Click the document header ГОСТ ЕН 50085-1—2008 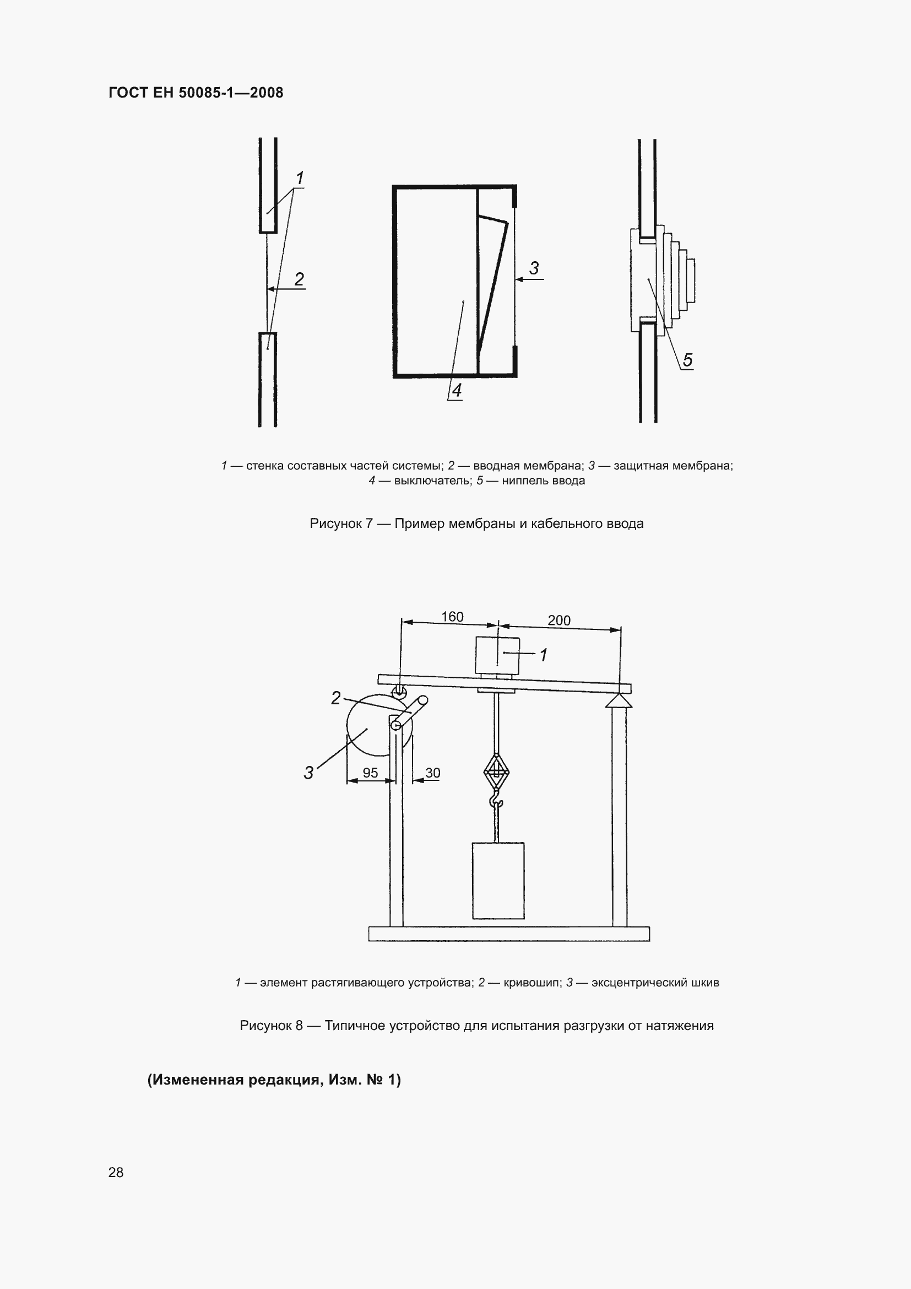(x=196, y=93)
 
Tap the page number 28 (x=116, y=1172)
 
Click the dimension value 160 (x=452, y=617)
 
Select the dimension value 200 (x=558, y=621)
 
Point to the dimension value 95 (x=370, y=773)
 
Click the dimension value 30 (x=432, y=773)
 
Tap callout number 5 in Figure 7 (x=687, y=360)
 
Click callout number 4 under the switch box (x=457, y=390)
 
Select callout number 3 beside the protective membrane (x=534, y=268)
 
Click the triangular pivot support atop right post (x=619, y=702)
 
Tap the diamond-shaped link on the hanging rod (x=496, y=772)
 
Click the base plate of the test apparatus (x=509, y=934)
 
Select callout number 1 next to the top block (x=543, y=655)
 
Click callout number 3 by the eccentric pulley (x=308, y=773)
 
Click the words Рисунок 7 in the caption (x=340, y=523)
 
